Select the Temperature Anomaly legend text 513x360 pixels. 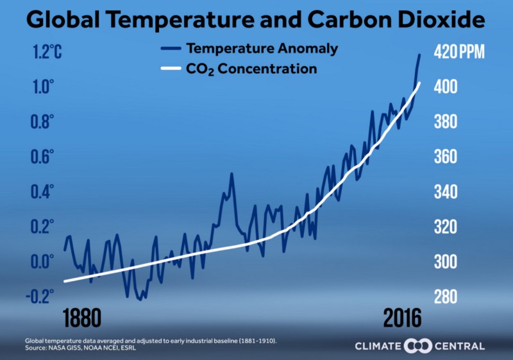point(262,48)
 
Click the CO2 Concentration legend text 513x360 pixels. point(251,69)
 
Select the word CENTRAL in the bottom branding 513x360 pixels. point(460,347)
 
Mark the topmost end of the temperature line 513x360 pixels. point(420,55)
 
